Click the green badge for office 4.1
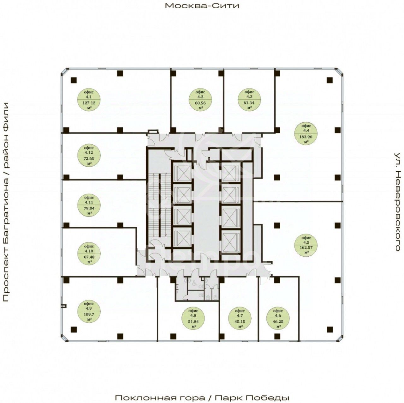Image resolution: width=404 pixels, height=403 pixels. (x=89, y=99)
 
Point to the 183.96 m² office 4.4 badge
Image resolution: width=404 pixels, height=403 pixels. (x=306, y=133)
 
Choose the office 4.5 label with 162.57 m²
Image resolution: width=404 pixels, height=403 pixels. (x=306, y=244)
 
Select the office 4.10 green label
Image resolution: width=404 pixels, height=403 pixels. (x=90, y=253)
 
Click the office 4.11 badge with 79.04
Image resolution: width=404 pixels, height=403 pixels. (x=90, y=205)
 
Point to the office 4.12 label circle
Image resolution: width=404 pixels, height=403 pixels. (x=90, y=156)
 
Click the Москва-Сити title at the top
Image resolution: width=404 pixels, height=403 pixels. (x=202, y=6)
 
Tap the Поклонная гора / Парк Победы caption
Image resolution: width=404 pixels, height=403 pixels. (x=202, y=398)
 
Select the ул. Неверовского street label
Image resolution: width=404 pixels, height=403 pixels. (x=398, y=202)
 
